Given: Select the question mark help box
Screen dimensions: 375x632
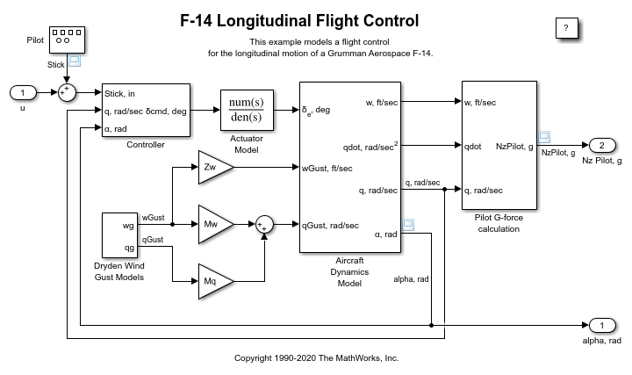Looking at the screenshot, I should pyautogui.click(x=566, y=28).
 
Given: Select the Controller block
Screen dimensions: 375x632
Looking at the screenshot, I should pyautogui.click(x=146, y=110).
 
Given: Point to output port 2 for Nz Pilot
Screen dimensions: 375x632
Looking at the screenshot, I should pyautogui.click(x=600, y=145).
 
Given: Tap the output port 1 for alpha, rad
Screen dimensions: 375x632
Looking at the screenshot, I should pyautogui.click(x=600, y=326).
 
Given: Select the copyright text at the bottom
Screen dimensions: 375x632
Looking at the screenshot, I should pyautogui.click(x=316, y=358).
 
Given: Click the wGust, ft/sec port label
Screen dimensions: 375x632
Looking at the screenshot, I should pyautogui.click(x=327, y=167).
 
